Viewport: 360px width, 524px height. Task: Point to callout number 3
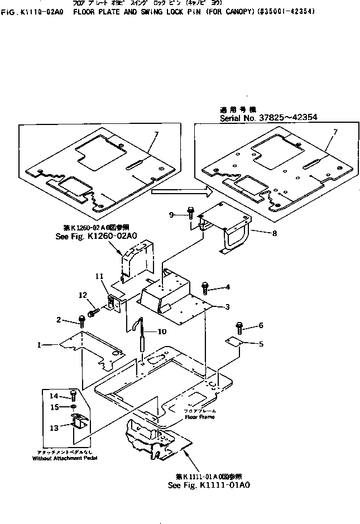pos(227,307)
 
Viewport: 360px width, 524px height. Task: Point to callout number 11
pos(99,276)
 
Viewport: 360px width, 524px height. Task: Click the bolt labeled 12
pos(94,306)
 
